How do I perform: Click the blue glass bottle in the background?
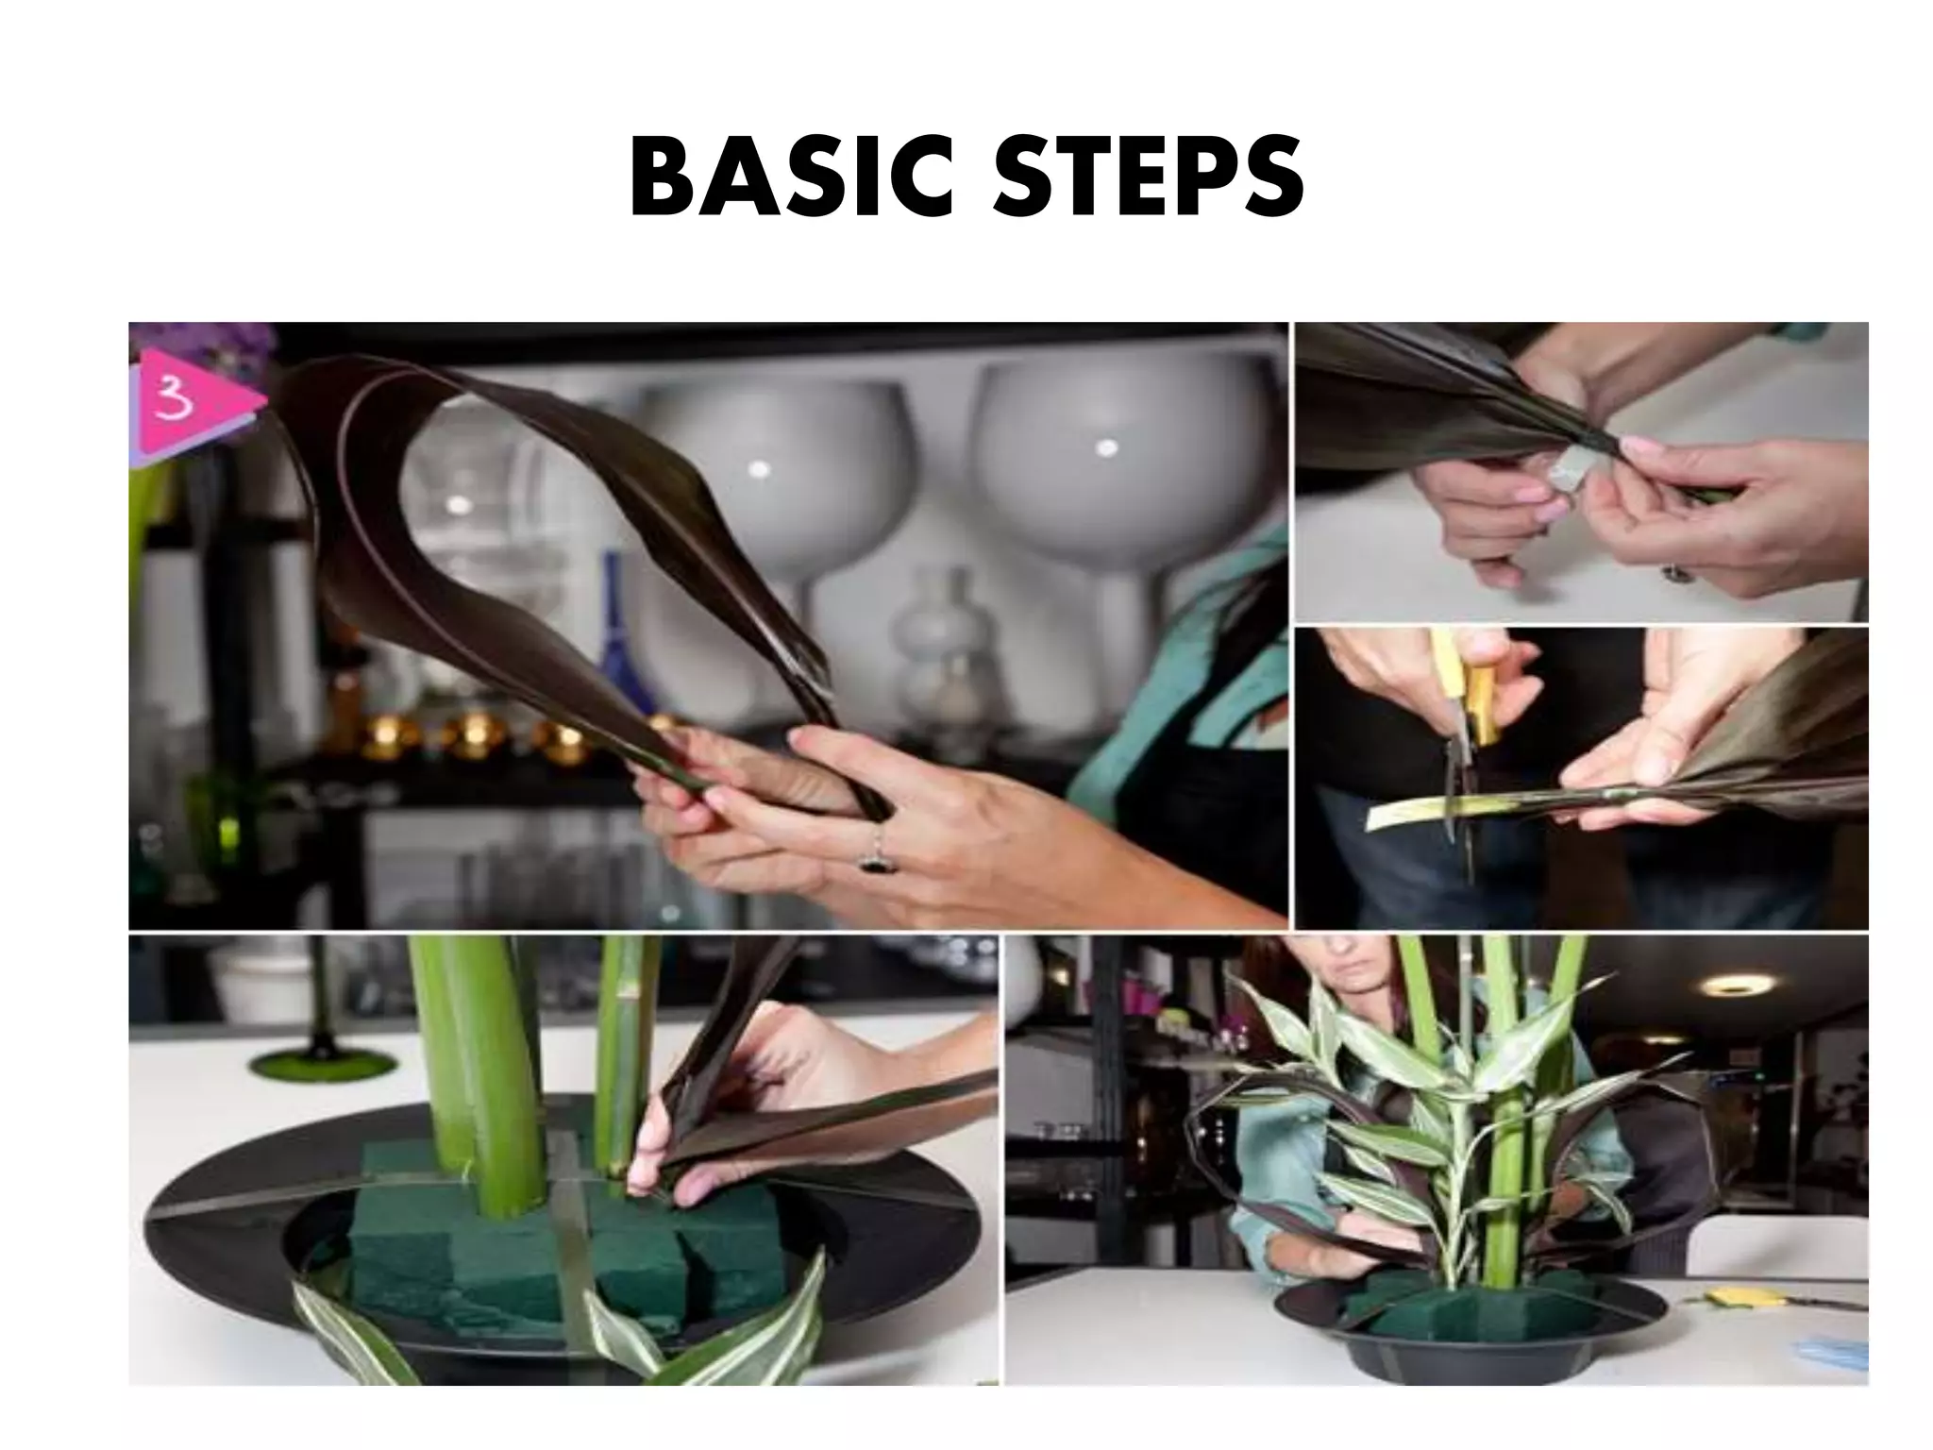pyautogui.click(x=618, y=642)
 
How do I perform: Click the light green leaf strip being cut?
pyautogui.click(x=1416, y=812)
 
